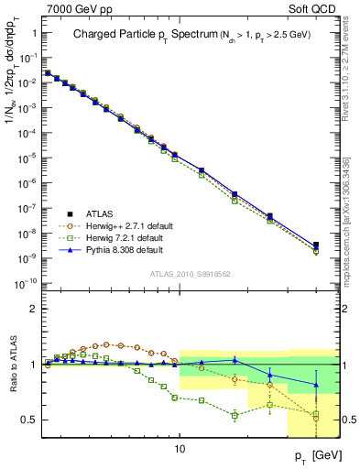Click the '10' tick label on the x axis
click(x=180, y=449)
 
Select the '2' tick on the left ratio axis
click(x=34, y=309)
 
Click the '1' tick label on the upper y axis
click(x=34, y=32)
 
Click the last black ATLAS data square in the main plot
click(x=316, y=245)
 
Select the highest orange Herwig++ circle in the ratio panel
click(x=108, y=344)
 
